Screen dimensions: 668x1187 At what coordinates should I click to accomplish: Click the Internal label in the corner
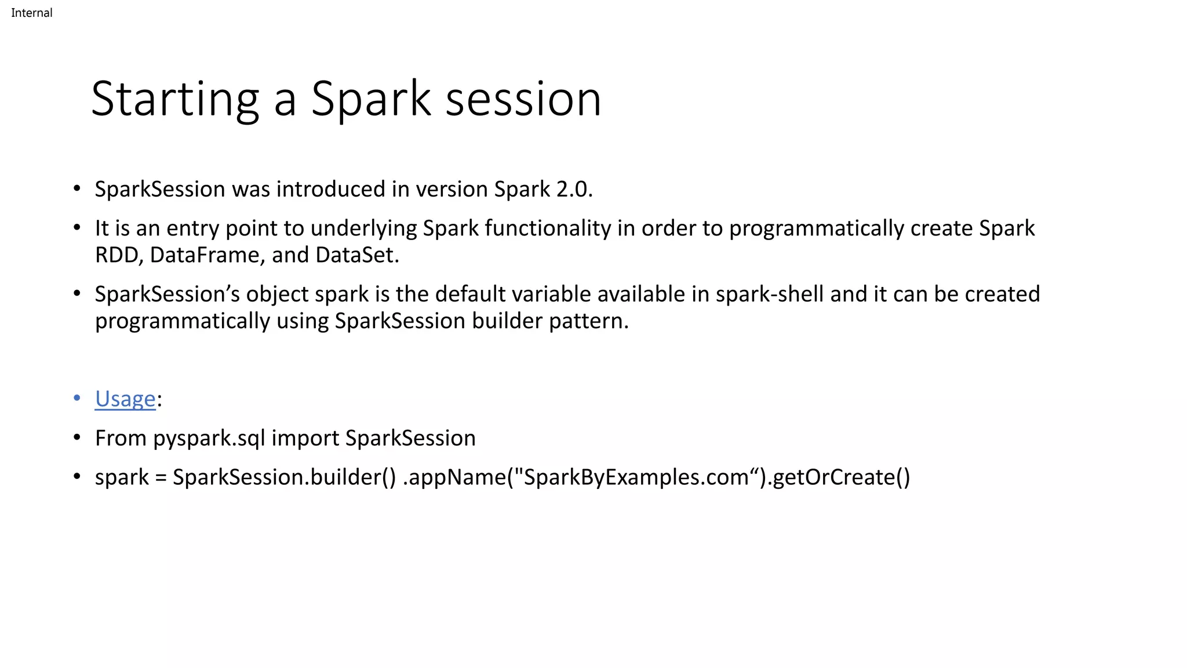(x=31, y=13)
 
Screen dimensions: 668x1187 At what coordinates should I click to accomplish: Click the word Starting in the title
(x=174, y=100)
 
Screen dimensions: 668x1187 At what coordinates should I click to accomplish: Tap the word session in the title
(x=523, y=100)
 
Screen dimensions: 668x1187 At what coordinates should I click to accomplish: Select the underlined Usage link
(x=125, y=399)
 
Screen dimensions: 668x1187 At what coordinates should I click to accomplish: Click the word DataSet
(x=356, y=255)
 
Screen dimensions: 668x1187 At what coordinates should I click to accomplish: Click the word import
(x=305, y=438)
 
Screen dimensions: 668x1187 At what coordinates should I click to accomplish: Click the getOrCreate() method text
(x=841, y=477)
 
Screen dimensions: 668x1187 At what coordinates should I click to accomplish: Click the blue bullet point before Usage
(x=77, y=398)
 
